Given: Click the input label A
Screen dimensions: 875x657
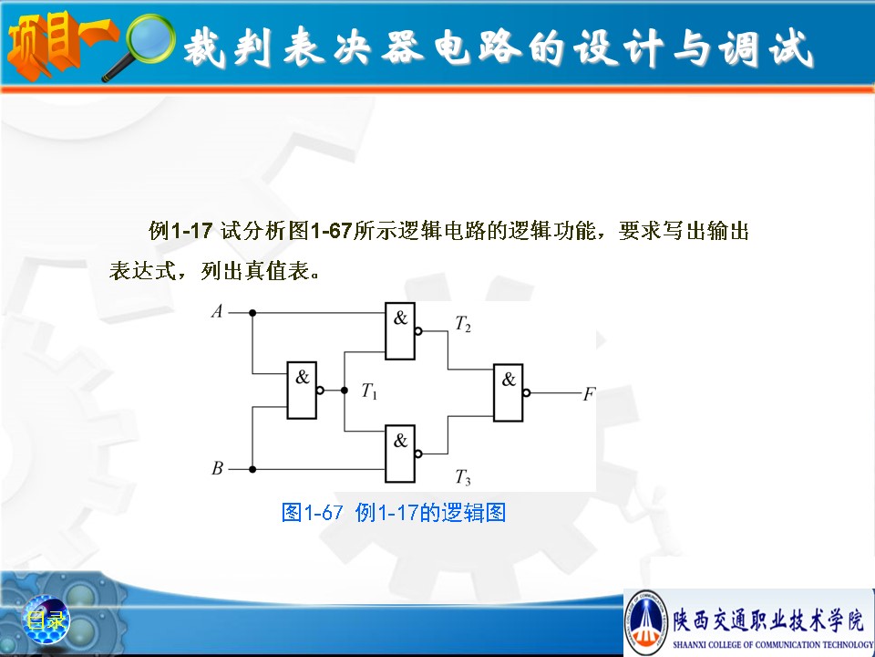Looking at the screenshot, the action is click(x=217, y=311).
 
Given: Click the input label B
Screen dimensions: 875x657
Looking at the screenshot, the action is click(x=218, y=468).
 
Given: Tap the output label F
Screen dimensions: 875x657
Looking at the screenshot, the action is click(x=590, y=394).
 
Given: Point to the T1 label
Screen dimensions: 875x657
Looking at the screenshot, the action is click(x=369, y=391).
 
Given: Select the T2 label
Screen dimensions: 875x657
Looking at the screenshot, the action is click(x=463, y=323).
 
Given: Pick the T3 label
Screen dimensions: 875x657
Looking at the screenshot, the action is click(x=463, y=477).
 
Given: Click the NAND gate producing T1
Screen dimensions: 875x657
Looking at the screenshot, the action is click(x=302, y=390).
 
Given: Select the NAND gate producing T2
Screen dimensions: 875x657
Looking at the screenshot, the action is click(x=400, y=330).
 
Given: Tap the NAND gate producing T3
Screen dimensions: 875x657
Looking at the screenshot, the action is click(x=400, y=454).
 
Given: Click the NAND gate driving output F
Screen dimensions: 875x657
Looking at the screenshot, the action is click(x=509, y=392).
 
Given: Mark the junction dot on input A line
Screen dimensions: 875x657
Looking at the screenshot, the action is click(x=252, y=313).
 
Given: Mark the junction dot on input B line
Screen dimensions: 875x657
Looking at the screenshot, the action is click(x=252, y=469).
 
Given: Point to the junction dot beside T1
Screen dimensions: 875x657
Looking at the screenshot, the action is click(x=345, y=390).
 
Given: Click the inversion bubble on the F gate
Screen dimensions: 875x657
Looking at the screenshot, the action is click(x=527, y=392).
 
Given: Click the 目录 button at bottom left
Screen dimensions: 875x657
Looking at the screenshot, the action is click(x=46, y=620).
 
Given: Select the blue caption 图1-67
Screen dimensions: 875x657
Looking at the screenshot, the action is click(x=312, y=512).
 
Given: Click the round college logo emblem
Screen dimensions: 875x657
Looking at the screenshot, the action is click(x=645, y=621).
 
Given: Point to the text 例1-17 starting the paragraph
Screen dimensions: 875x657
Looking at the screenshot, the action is click(x=180, y=230).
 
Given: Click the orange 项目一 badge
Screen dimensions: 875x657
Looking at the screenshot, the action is click(x=61, y=46).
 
